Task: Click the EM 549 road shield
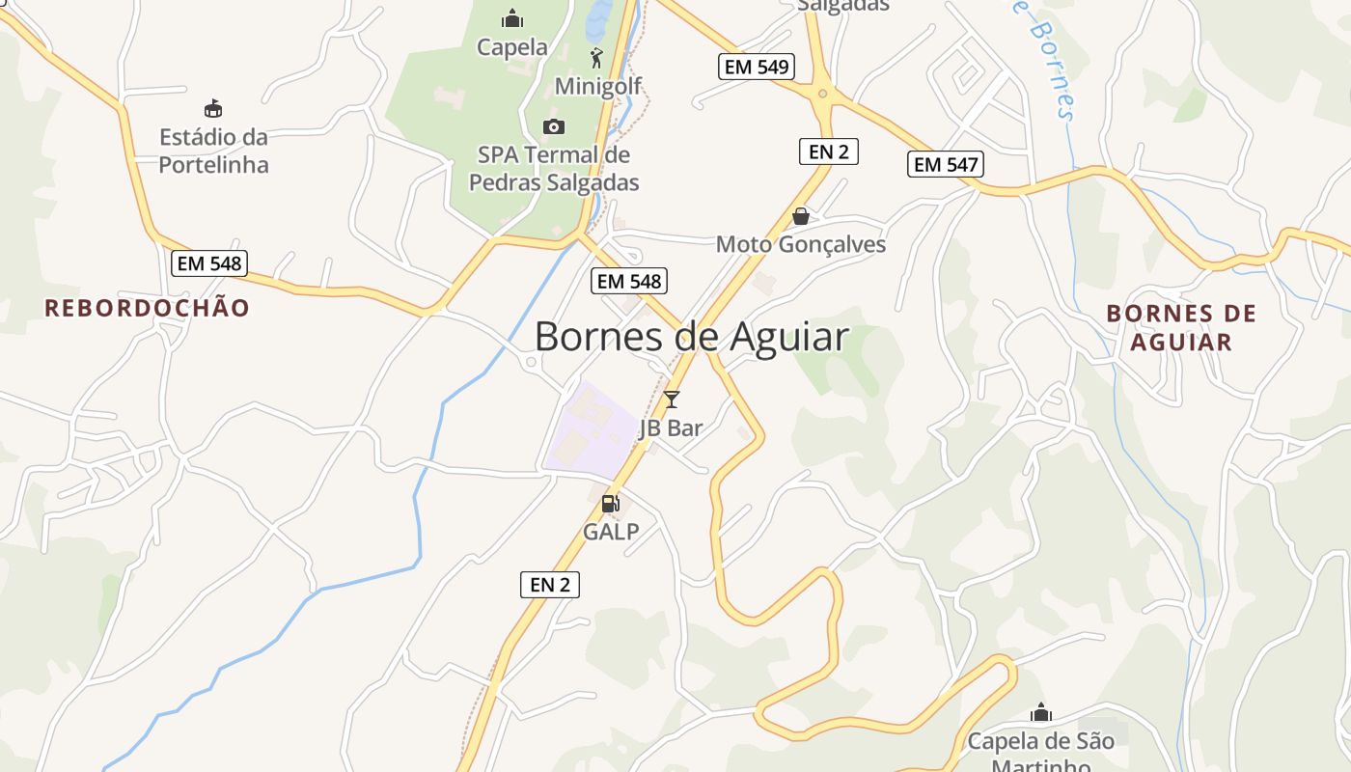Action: pos(756,67)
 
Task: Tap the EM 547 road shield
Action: pos(946,164)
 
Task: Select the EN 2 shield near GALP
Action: pos(549,584)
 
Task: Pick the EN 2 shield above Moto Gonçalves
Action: pos(828,151)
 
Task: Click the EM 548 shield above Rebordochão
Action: pos(209,262)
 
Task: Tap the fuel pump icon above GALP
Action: pos(610,503)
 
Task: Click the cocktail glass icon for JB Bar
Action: pos(672,399)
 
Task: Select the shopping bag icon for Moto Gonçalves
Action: pos(800,216)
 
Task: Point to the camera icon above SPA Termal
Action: pos(554,126)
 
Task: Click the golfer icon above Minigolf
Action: pos(596,57)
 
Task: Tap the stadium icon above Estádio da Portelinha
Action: pos(213,108)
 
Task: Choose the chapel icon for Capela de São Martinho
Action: pos(1040,713)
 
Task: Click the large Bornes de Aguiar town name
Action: pos(691,336)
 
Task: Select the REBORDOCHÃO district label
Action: pos(147,308)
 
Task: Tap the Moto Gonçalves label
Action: pos(800,244)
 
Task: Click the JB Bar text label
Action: pos(671,428)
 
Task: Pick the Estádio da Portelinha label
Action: pos(213,151)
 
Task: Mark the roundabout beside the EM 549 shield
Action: pos(822,94)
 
